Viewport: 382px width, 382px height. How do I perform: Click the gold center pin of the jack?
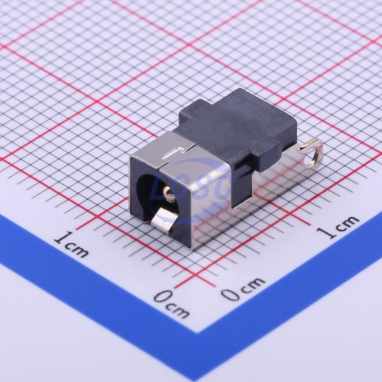pyautogui.click(x=167, y=191)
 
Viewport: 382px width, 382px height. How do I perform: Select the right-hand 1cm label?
pyautogui.click(x=338, y=226)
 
